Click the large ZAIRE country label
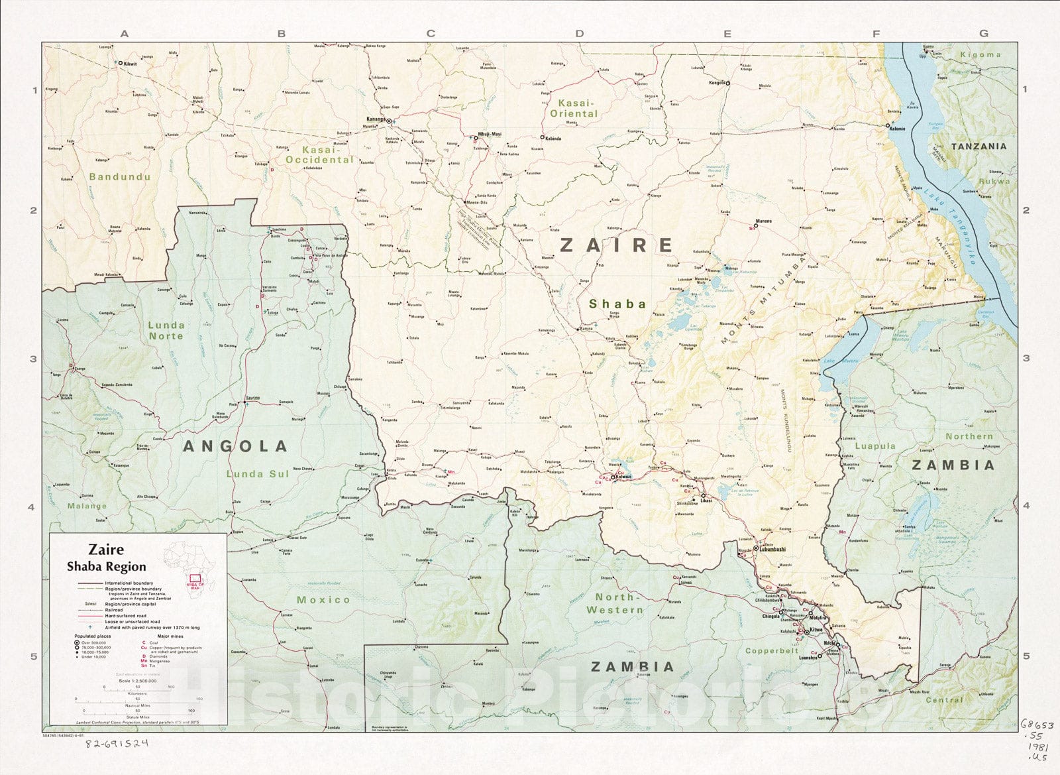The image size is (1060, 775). point(617,245)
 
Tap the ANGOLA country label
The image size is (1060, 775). point(235,446)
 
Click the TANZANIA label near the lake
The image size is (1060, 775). point(979,146)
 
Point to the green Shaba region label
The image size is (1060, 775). point(617,304)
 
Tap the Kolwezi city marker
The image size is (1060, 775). point(613,477)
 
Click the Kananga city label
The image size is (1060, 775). point(376,120)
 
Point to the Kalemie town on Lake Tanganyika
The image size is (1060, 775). point(888,125)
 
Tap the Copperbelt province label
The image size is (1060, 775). point(772,651)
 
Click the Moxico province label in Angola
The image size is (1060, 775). point(323,599)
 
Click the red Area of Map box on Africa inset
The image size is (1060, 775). point(195,579)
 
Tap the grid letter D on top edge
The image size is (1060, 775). point(580,33)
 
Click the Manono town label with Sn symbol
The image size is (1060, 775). point(763,221)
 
